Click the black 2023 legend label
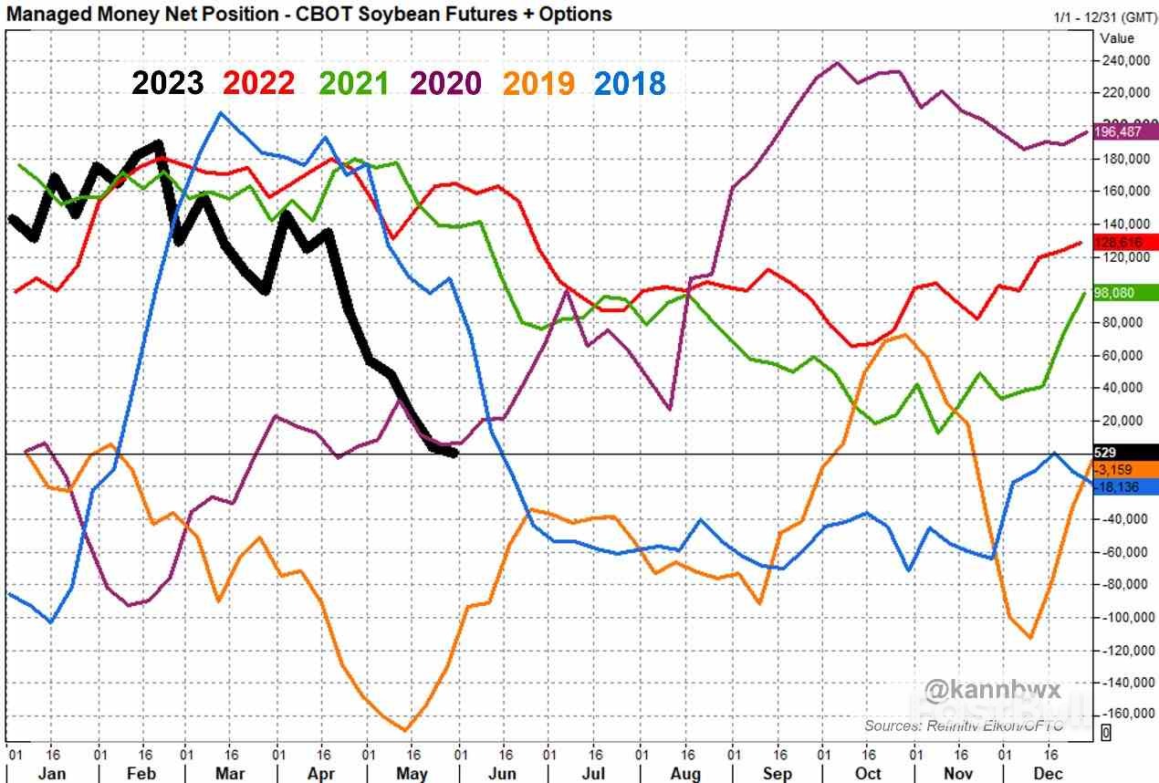(167, 83)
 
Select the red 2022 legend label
(259, 83)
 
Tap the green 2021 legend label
(353, 83)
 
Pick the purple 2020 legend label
(445, 83)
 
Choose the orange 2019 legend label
(538, 83)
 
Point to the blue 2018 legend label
(630, 83)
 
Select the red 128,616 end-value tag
(1125, 242)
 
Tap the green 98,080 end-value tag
(1125, 293)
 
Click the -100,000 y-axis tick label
(1123, 618)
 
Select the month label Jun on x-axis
(503, 773)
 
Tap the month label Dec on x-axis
(1049, 773)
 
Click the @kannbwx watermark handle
(993, 689)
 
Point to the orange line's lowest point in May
(405, 730)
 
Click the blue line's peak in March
(220, 113)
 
